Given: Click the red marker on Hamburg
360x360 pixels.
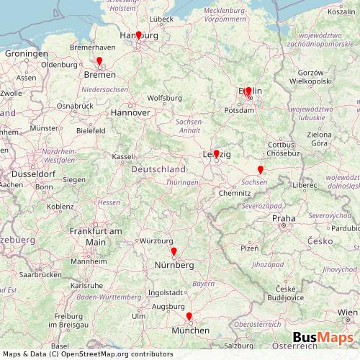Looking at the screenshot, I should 139,34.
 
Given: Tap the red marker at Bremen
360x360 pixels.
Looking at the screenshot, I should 99,62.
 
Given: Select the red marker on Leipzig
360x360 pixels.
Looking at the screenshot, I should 216,154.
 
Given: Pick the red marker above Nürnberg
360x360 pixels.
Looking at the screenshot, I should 174,252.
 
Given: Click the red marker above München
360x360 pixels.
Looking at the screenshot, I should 189,317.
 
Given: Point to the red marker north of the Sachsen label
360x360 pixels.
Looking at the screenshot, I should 260,170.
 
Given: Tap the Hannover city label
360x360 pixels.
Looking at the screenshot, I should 130,113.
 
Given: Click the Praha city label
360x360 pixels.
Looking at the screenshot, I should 284,217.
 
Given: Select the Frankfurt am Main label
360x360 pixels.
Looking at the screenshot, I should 96,236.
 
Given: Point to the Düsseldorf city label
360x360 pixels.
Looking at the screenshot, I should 30,174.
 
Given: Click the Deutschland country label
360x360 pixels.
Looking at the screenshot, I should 158,168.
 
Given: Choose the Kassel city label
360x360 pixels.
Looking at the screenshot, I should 123,156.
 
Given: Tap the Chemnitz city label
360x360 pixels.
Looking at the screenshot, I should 235,194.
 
